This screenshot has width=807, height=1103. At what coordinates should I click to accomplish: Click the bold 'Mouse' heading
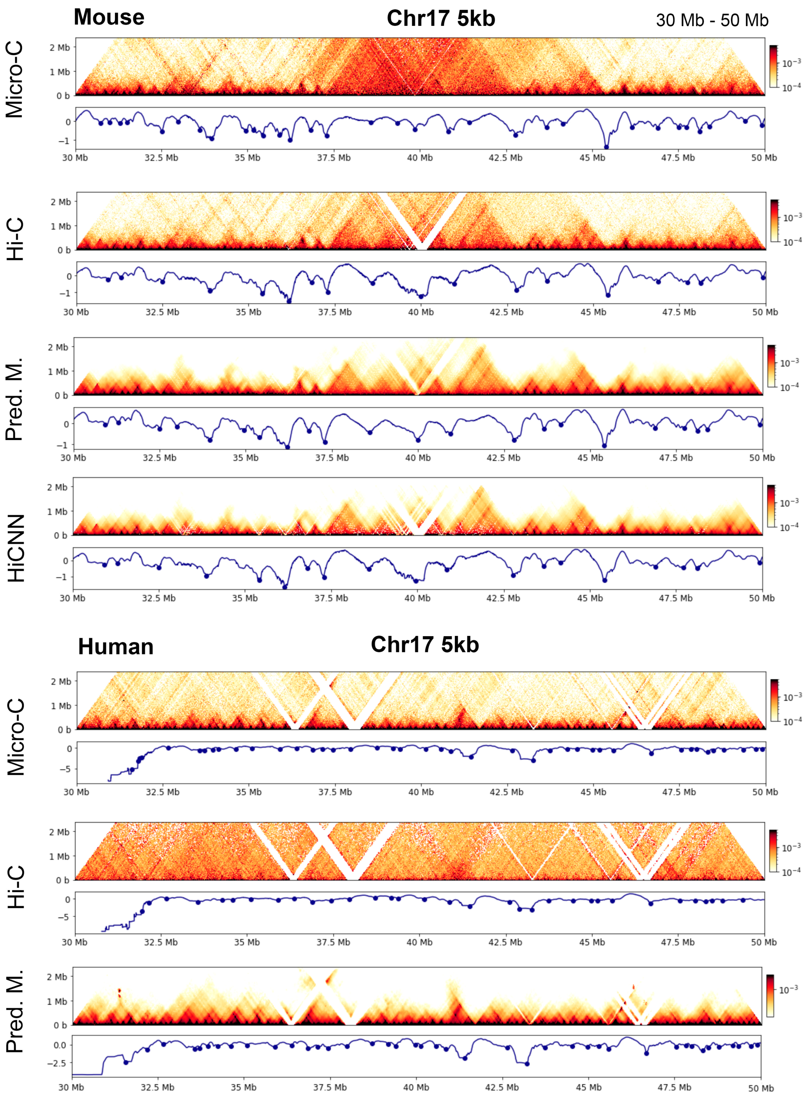click(x=109, y=18)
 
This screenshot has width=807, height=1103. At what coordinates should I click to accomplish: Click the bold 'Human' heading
click(x=116, y=647)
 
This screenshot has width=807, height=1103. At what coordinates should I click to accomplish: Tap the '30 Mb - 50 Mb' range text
click(x=712, y=20)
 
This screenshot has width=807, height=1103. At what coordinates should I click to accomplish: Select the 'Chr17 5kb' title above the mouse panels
click(x=441, y=19)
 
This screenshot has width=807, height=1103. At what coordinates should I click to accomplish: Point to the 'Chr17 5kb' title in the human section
click(x=425, y=645)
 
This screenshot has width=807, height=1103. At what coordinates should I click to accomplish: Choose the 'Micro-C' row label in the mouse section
click(x=15, y=79)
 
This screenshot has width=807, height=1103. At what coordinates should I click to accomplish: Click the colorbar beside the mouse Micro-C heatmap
click(x=773, y=66)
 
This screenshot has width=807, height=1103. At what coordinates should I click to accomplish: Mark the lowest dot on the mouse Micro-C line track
click(x=606, y=147)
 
